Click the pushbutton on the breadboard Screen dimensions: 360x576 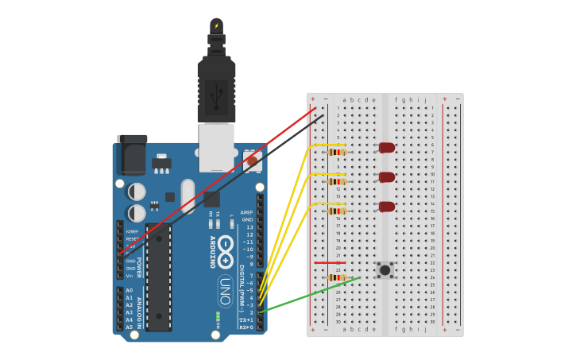[385, 270]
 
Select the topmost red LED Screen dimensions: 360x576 [387, 148]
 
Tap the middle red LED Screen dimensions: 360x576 [387, 177]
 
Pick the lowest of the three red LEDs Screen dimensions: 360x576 [387, 207]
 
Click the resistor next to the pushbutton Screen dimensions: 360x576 [337, 277]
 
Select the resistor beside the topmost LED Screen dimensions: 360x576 [337, 152]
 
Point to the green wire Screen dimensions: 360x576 [310, 295]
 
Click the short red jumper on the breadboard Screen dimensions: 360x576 [329, 262]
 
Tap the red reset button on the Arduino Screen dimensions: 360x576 [253, 161]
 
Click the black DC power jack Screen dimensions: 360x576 [131, 155]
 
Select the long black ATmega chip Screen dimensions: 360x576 [159, 278]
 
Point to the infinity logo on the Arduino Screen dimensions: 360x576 [226, 246]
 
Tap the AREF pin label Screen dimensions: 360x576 [247, 212]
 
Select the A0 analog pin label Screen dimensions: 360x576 [129, 290]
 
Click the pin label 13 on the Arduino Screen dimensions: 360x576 [249, 227]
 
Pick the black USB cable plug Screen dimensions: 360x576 [216, 87]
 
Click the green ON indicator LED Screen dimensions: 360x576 [217, 317]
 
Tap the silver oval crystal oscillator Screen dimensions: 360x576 [187, 195]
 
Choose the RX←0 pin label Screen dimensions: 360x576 [246, 327]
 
